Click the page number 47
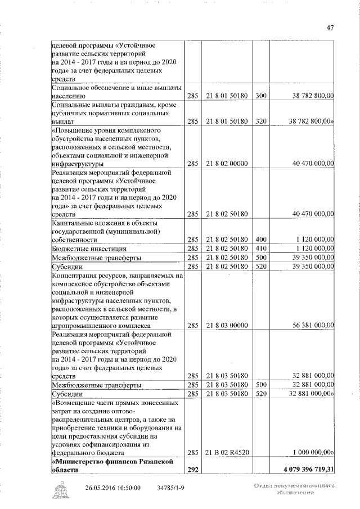click(x=330, y=29)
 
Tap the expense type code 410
click(x=260, y=248)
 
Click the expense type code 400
click(x=260, y=239)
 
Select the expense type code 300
click(x=260, y=96)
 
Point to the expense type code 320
click(x=260, y=121)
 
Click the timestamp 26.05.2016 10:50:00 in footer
click(x=113, y=487)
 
